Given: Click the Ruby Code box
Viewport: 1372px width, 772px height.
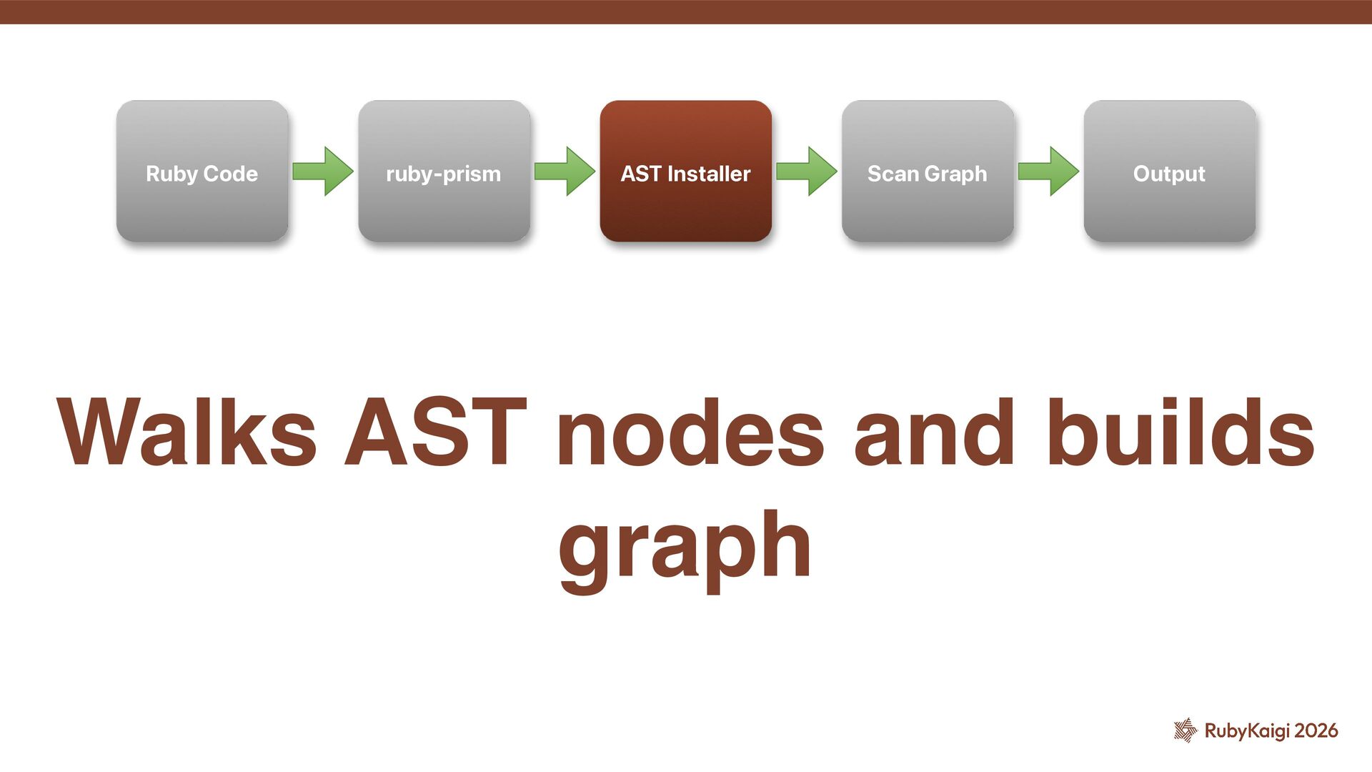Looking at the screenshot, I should [x=202, y=172].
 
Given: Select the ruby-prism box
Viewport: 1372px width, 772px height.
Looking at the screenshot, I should [x=444, y=172].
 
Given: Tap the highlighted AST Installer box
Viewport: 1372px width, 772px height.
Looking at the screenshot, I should [x=685, y=172].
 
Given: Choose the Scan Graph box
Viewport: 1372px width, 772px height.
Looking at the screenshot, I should [x=928, y=172].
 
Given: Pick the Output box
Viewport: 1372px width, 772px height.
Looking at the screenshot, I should [x=1169, y=172].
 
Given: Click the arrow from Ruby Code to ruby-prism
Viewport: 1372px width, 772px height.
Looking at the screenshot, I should [x=323, y=172].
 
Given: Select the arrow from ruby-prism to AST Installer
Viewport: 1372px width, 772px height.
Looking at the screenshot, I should [x=565, y=172].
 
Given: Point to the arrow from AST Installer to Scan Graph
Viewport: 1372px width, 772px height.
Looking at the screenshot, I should [x=807, y=172].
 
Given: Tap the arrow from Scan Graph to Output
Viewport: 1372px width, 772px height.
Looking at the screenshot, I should [x=1048, y=172].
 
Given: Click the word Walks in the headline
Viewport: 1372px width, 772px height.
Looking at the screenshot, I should [x=187, y=432].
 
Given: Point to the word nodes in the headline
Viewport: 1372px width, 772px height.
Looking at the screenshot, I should [x=690, y=432].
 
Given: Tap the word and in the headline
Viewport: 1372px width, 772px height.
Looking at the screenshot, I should [x=934, y=432].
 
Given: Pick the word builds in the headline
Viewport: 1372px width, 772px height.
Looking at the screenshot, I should [x=1180, y=432].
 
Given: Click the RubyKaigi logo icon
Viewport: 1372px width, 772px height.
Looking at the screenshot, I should [x=1185, y=730].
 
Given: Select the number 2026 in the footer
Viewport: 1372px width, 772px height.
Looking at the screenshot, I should [x=1316, y=731].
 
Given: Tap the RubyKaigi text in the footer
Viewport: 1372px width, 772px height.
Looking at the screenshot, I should [x=1247, y=731].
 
